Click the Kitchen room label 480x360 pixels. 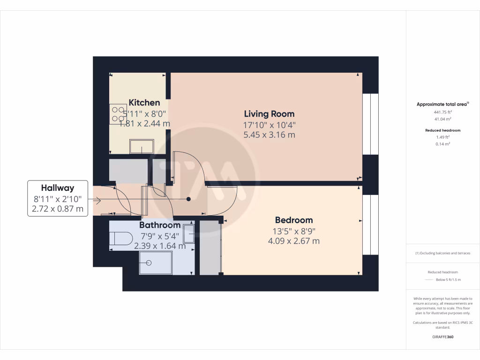pos(144,103)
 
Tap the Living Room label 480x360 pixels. pos(269,114)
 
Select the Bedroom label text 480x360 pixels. pos(293,220)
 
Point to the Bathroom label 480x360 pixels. pos(160,225)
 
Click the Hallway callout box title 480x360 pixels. pos(57,188)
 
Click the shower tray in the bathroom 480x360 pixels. pos(156,263)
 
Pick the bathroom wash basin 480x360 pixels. pos(189,233)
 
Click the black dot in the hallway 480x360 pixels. pos(189,199)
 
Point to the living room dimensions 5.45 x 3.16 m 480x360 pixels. pos(269,135)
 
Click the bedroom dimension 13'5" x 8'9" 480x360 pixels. pos(293,231)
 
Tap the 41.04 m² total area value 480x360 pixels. pos(442,120)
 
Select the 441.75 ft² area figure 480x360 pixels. pos(442,112)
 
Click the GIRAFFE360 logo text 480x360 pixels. pos(442,337)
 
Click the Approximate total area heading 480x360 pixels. pos(442,105)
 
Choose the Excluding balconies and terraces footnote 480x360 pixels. pos(442,253)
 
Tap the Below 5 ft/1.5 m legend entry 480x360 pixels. pos(448,279)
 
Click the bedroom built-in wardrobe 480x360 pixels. pos(210,247)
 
